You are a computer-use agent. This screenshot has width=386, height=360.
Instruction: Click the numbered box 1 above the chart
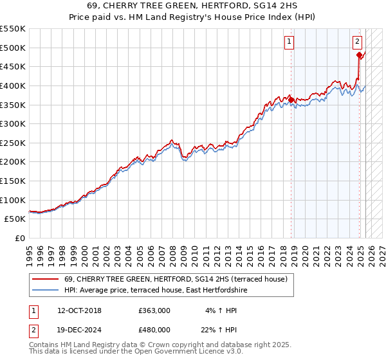coord(290,42)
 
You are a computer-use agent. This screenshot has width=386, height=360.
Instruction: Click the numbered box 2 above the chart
coord(357,42)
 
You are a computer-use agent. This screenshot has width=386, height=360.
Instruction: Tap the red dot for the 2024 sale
coord(359,55)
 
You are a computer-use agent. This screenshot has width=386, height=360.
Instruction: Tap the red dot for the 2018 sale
coord(291,100)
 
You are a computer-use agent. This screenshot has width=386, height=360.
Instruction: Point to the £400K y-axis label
coord(13,85)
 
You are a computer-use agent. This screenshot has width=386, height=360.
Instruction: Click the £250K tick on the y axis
coord(13,143)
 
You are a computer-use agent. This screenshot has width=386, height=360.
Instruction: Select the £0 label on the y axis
coord(20,238)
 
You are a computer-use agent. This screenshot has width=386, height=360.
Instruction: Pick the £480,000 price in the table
coord(154,329)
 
